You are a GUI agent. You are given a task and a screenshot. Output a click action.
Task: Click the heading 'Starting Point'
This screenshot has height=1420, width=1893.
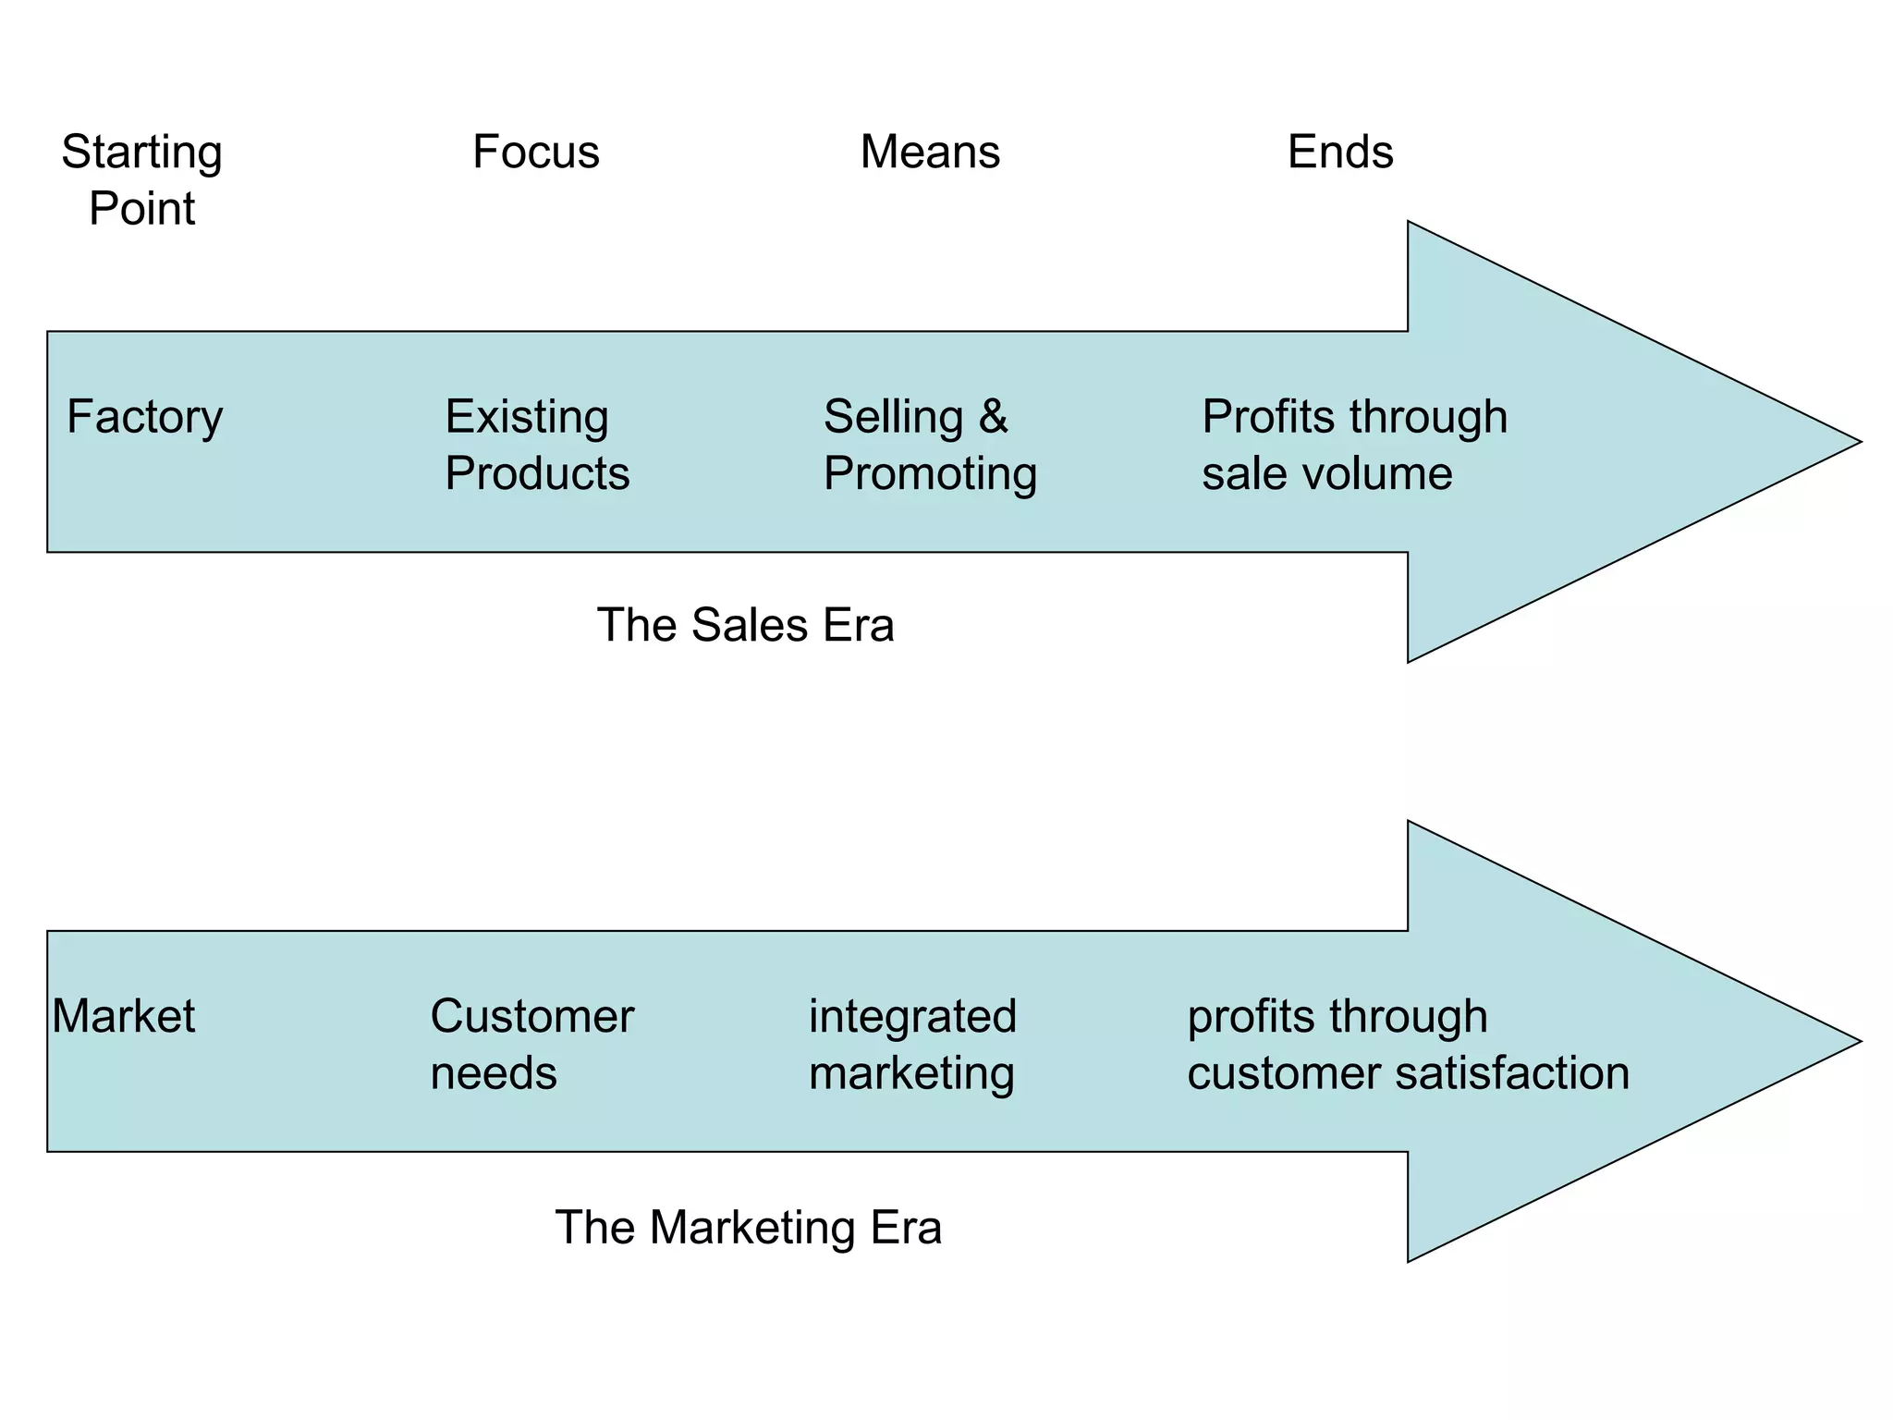(x=141, y=179)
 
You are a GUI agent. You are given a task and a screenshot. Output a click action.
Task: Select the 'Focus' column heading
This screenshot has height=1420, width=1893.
(x=535, y=152)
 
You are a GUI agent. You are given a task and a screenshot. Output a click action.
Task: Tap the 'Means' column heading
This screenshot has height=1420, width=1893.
(x=930, y=152)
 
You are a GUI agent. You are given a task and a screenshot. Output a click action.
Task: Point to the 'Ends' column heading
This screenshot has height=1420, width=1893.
(x=1339, y=152)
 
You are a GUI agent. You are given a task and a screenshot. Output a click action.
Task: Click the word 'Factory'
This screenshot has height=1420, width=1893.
(x=144, y=417)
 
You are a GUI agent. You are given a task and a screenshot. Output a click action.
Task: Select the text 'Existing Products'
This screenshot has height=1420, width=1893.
(x=536, y=445)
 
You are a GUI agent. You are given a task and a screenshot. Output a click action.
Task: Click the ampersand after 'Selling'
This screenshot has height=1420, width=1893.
(x=993, y=417)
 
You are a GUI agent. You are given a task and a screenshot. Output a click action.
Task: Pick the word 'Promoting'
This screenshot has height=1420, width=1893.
(x=930, y=474)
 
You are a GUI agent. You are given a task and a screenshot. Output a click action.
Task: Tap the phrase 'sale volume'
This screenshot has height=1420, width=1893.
(x=1326, y=473)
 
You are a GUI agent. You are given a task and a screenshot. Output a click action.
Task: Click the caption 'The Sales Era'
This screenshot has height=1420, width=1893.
(x=745, y=625)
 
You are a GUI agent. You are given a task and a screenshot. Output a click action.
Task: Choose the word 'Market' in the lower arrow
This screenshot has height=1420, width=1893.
(x=123, y=1016)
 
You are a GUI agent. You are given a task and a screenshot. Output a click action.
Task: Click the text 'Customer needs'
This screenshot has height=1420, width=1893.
(x=531, y=1045)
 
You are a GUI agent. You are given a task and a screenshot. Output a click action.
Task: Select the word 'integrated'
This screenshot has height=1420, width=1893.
(x=912, y=1016)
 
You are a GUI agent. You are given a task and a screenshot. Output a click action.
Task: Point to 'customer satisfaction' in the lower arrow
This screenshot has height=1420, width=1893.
(x=1408, y=1073)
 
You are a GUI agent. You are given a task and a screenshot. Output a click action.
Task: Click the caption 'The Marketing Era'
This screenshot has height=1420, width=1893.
(x=748, y=1228)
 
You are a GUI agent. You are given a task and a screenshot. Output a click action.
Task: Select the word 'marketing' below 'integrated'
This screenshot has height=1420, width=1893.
(x=911, y=1074)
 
